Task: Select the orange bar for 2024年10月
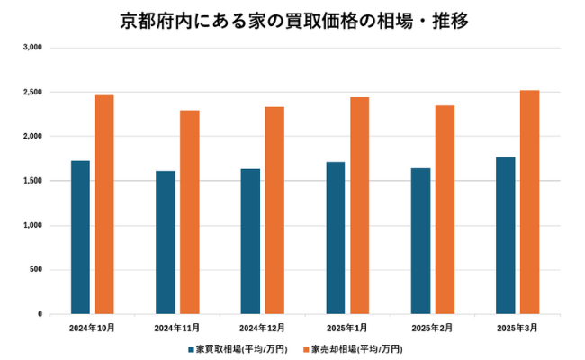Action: [104, 204]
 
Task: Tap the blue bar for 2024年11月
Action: [165, 242]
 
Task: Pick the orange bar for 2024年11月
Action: [189, 212]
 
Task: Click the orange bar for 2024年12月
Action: [274, 211]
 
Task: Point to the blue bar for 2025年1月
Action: [335, 238]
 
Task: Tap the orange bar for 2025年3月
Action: [529, 202]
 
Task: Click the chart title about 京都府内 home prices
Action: [293, 20]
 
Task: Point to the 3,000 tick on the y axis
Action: [33, 47]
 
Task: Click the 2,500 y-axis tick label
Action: [33, 92]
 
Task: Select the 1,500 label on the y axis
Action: [33, 181]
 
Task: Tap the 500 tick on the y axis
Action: [37, 270]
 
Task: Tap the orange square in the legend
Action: [306, 348]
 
